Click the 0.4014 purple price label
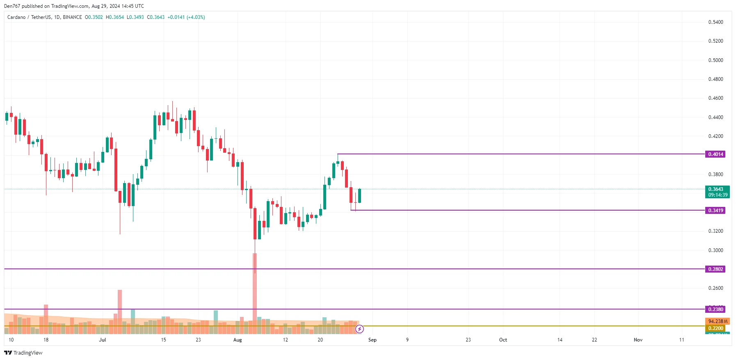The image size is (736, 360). [x=715, y=154]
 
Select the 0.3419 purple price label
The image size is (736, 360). [x=715, y=211]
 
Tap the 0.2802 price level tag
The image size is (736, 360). [x=715, y=269]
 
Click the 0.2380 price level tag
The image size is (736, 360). [x=715, y=310]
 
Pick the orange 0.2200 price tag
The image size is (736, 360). [x=715, y=328]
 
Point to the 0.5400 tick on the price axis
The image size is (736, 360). [x=715, y=22]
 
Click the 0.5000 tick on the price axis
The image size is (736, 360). [x=715, y=60]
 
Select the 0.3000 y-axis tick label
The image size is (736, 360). [x=715, y=250]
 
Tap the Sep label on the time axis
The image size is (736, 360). [x=372, y=340]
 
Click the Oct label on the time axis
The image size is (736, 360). [x=503, y=340]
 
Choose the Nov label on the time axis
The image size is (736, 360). [x=638, y=340]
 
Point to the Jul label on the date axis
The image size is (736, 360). [x=102, y=340]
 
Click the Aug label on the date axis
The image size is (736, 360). [x=238, y=340]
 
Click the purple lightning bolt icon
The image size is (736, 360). [x=359, y=329]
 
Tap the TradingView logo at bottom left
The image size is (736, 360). [x=23, y=353]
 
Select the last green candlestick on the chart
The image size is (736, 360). [x=360, y=196]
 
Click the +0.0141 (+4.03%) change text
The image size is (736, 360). [x=186, y=17]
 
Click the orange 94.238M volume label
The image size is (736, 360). [x=718, y=321]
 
